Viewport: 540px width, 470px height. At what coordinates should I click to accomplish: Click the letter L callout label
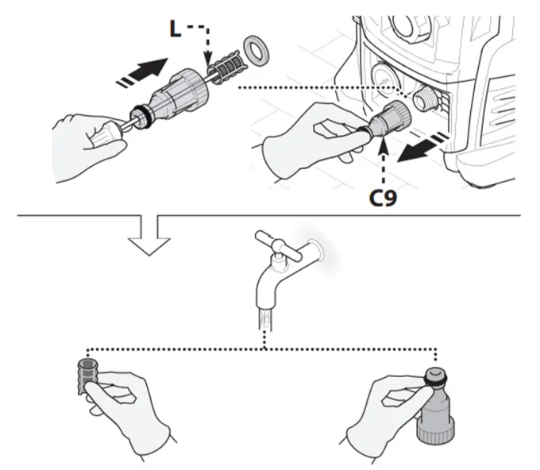pos(175,29)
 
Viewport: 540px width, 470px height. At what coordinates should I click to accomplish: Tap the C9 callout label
pos(383,198)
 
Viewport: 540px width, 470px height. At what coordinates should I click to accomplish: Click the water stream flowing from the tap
pos(264,319)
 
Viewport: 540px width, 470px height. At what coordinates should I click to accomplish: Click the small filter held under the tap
pos(87,376)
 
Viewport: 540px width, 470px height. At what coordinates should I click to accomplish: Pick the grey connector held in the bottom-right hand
pos(436,406)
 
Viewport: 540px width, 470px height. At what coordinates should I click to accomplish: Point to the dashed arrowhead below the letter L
pos(208,59)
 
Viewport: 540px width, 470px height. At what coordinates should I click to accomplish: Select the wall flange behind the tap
pos(317,249)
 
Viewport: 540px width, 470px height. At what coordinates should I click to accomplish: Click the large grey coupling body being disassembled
pos(180,91)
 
